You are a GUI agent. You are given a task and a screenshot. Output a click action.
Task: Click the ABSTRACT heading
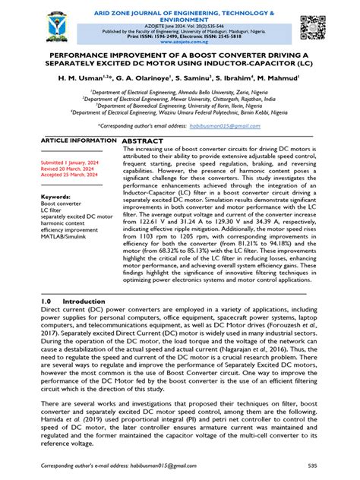pos(144,142)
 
